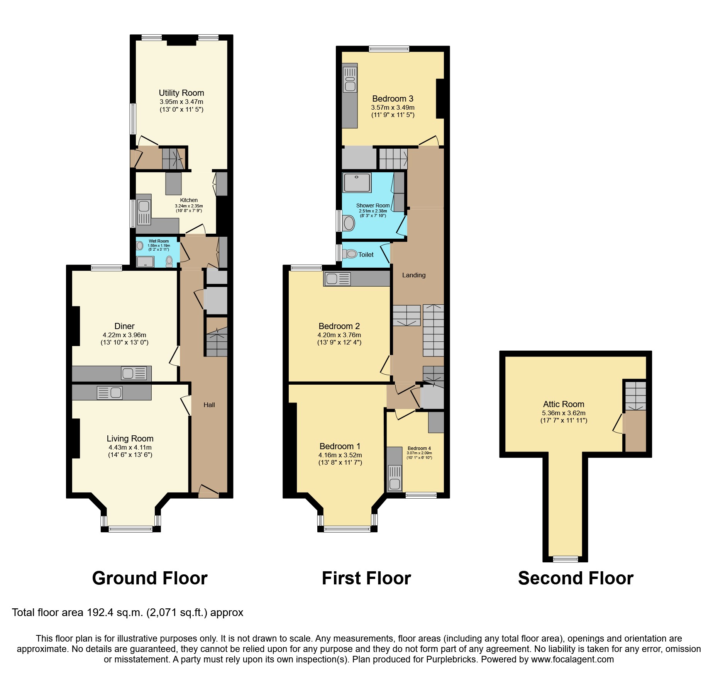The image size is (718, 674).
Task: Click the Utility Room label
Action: (x=181, y=93)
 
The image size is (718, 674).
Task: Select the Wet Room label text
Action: (x=159, y=241)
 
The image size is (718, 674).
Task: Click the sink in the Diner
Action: (x=134, y=373)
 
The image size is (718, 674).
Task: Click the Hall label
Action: (x=209, y=405)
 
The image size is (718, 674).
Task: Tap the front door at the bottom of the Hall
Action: (x=208, y=491)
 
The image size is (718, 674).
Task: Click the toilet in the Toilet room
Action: (x=350, y=254)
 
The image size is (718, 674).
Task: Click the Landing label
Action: (x=414, y=275)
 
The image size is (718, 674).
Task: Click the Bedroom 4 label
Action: (x=419, y=448)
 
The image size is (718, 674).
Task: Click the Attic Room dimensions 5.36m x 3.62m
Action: (x=564, y=413)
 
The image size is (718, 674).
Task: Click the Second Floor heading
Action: (x=576, y=578)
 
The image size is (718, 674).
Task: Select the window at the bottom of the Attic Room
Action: (x=566, y=559)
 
